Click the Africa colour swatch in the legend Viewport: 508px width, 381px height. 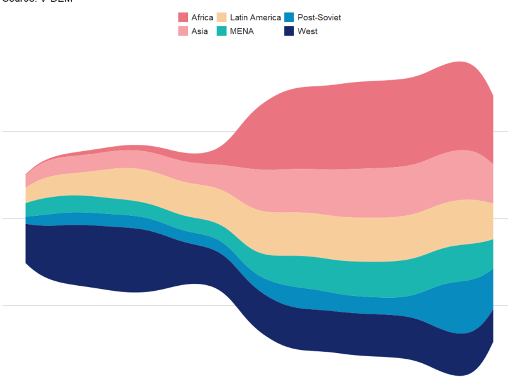(183, 17)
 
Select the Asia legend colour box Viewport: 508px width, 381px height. (183, 31)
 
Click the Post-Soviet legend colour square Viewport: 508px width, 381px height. (289, 17)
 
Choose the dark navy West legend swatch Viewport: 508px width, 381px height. (289, 31)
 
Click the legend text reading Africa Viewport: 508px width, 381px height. (202, 18)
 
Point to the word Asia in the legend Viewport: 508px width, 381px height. (199, 32)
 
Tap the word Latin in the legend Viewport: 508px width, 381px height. (239, 18)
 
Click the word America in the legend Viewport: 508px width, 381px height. (266, 18)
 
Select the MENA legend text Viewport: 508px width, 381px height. (241, 32)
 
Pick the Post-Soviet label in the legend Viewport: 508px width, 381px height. (319, 18)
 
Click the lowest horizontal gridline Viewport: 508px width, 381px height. (127, 305)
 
